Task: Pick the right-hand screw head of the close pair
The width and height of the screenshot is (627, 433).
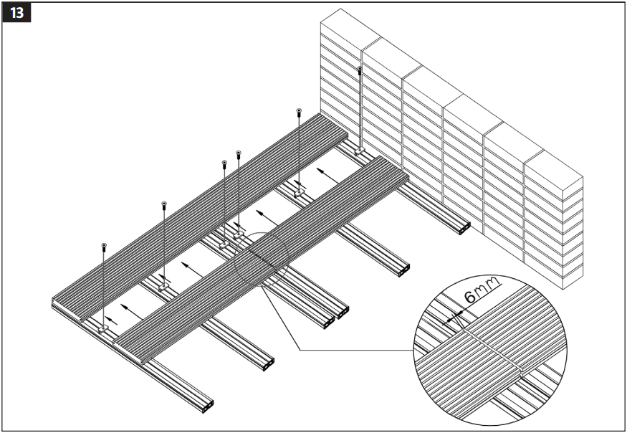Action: point(239,152)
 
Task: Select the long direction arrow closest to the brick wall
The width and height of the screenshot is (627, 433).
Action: point(325,172)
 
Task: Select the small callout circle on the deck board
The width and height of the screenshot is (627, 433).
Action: point(261,262)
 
